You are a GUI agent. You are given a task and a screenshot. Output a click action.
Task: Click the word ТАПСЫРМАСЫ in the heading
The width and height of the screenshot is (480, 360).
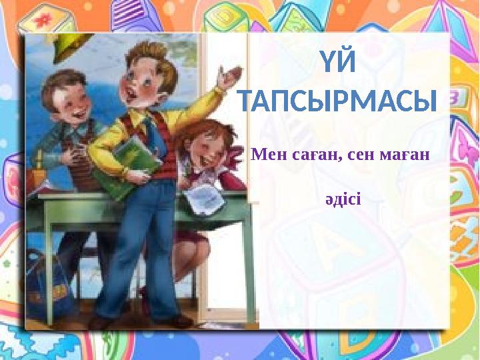pyautogui.click(x=337, y=103)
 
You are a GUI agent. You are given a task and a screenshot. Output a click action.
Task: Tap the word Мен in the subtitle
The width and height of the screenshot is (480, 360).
pyautogui.click(x=267, y=155)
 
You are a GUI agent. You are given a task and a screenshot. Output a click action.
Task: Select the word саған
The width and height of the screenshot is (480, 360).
pyautogui.click(x=312, y=155)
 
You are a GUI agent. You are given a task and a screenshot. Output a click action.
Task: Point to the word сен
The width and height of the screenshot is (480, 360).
pyautogui.click(x=361, y=155)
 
